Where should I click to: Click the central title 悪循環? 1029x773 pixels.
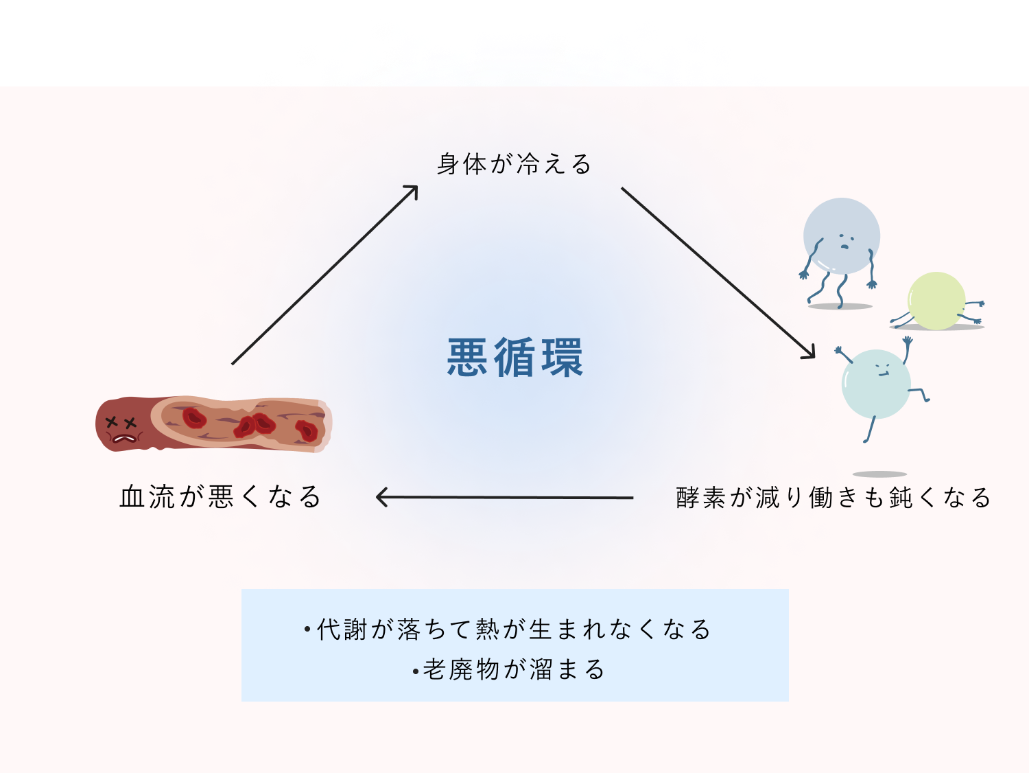[x=514, y=358]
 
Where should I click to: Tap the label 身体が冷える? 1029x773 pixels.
[x=514, y=165]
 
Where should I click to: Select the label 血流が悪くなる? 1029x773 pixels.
[x=220, y=496]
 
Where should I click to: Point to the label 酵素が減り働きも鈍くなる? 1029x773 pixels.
[x=833, y=498]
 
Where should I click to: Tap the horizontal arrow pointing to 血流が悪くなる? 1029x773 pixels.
[x=504, y=497]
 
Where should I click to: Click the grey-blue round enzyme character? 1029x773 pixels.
[x=841, y=237]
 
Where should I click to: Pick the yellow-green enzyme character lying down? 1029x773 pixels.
[x=936, y=301]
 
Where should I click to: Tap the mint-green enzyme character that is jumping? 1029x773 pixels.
[x=876, y=384]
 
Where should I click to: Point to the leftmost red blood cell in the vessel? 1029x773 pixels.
[x=194, y=417]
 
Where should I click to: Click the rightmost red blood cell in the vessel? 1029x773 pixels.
[x=306, y=430]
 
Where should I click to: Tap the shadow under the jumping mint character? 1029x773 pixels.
[x=879, y=474]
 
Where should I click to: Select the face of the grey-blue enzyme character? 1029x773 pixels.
[x=844, y=241]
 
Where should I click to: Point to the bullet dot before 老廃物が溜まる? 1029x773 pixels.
[x=416, y=671]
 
